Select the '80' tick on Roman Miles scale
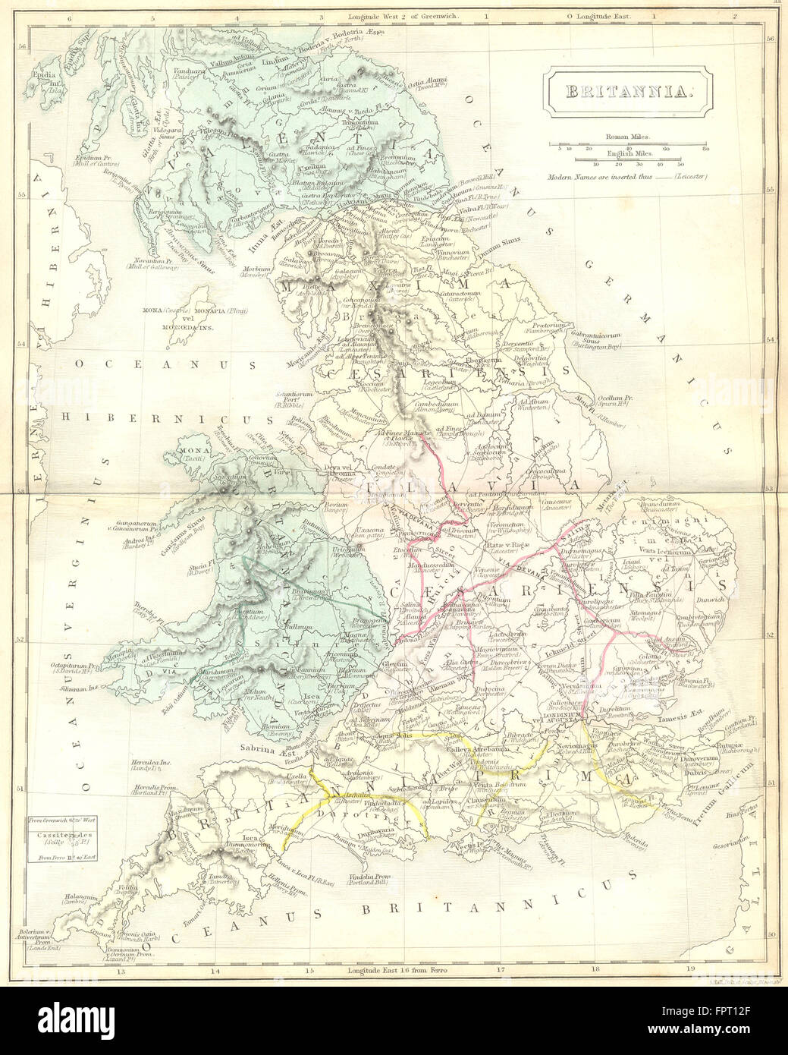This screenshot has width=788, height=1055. [705, 149]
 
